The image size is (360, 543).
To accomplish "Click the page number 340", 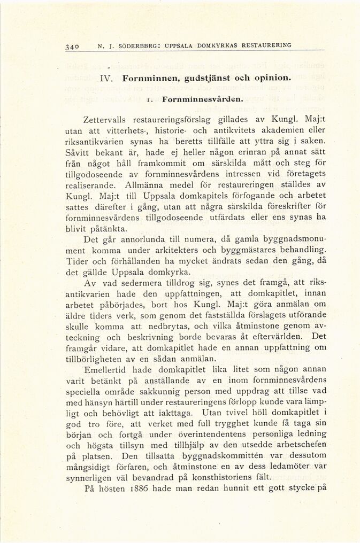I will (x=72, y=46).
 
